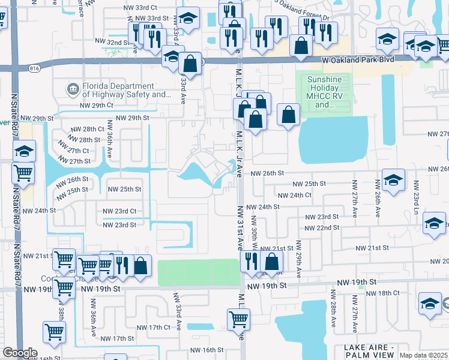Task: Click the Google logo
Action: (20, 353)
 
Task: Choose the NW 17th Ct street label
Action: (154, 327)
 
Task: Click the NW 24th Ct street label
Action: (292, 195)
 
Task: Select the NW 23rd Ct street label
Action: (119, 211)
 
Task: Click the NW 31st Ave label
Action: (239, 227)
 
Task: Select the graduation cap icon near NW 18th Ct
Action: (430, 303)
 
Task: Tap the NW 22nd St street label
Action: (322, 228)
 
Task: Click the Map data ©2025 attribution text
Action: (424, 355)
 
